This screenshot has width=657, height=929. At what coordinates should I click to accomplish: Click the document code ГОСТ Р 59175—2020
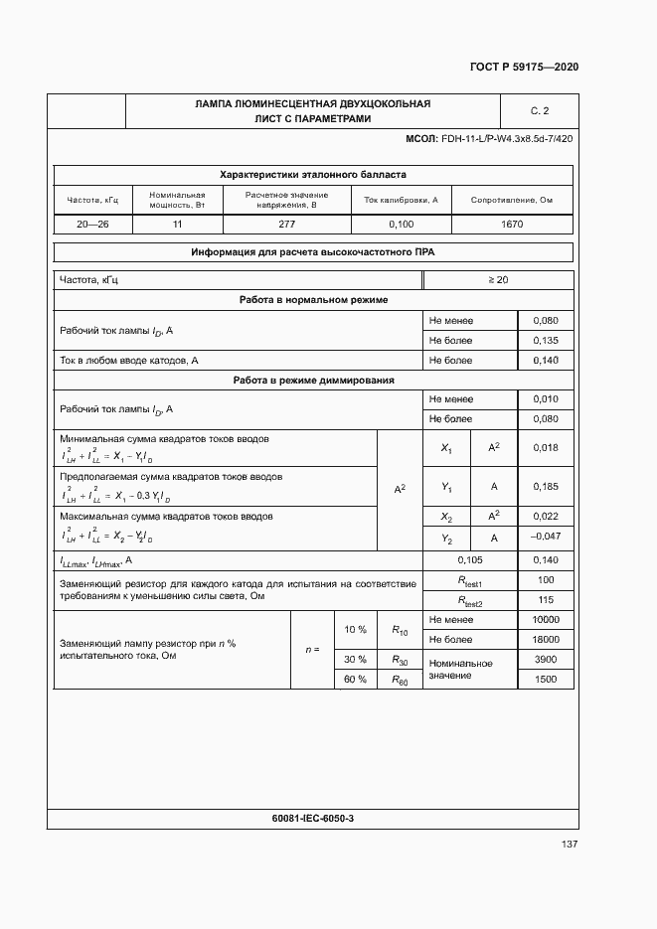click(523, 67)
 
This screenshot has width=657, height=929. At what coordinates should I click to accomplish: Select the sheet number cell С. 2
click(540, 110)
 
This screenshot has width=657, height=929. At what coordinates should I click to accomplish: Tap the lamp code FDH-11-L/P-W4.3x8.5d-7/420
click(506, 138)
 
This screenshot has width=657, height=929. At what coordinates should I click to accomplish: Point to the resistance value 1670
click(512, 225)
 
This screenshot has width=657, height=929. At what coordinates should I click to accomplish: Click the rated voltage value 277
click(286, 225)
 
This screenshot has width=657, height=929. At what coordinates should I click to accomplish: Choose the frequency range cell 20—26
click(92, 225)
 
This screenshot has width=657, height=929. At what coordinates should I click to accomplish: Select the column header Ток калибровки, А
click(401, 200)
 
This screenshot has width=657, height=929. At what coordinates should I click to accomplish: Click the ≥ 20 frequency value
click(498, 280)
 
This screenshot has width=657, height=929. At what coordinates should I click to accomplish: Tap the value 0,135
click(546, 341)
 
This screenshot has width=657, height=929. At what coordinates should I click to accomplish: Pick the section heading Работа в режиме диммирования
click(313, 380)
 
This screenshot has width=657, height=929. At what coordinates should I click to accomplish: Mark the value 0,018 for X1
click(546, 449)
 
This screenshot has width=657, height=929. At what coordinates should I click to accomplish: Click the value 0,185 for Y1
click(546, 487)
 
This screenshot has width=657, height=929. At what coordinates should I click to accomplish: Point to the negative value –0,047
click(546, 537)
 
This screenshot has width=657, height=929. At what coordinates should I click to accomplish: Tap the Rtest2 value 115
click(545, 600)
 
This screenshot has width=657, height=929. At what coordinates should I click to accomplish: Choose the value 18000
click(546, 640)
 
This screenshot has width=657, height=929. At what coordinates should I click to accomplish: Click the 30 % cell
click(355, 660)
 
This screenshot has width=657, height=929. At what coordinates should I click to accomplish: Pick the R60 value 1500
click(546, 680)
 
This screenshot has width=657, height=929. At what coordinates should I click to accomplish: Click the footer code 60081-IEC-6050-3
click(313, 818)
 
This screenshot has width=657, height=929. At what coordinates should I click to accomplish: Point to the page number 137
click(570, 845)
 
